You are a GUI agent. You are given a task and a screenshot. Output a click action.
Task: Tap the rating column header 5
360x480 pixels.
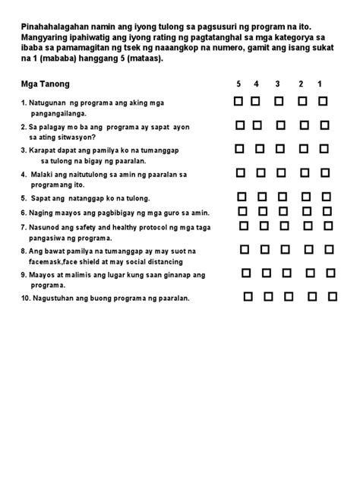[x=238, y=84]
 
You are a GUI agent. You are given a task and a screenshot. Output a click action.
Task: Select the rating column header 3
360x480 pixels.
[x=278, y=84]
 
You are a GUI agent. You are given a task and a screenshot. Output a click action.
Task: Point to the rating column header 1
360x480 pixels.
[x=321, y=84]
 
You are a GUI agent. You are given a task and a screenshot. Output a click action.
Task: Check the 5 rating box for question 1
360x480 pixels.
[x=238, y=101]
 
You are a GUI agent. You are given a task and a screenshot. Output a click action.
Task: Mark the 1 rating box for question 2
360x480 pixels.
[x=324, y=125]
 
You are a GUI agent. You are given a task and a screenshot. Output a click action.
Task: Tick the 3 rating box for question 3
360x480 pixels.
[x=280, y=149]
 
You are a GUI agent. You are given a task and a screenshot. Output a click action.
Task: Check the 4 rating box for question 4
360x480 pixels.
[x=258, y=173]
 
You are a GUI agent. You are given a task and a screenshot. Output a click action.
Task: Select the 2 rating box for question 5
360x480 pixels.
[x=306, y=197]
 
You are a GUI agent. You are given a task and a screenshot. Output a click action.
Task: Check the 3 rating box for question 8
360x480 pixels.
[x=286, y=248]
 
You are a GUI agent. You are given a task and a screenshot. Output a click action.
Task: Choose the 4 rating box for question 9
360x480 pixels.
[x=265, y=273]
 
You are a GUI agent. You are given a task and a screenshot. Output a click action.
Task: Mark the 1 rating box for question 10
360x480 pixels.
[x=333, y=297]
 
